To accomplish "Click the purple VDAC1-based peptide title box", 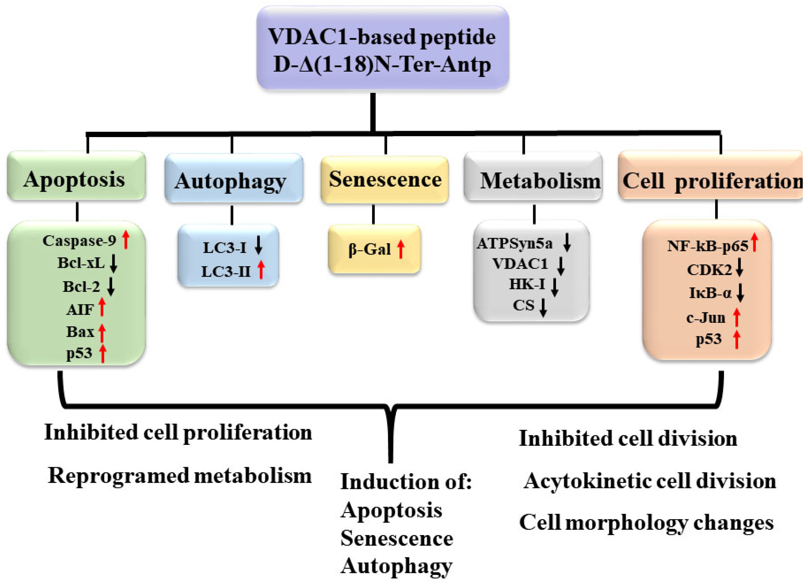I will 382,48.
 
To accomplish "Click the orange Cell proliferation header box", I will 711,175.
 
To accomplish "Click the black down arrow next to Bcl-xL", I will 113,264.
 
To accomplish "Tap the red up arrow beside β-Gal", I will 401,249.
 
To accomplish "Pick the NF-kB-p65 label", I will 707,246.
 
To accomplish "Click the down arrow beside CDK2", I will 739,268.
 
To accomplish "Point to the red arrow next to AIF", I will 102,307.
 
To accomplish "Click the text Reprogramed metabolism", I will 180,476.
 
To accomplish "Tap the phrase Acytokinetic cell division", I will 649,481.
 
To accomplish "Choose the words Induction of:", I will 406,482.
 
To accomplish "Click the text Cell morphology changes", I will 646,523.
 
